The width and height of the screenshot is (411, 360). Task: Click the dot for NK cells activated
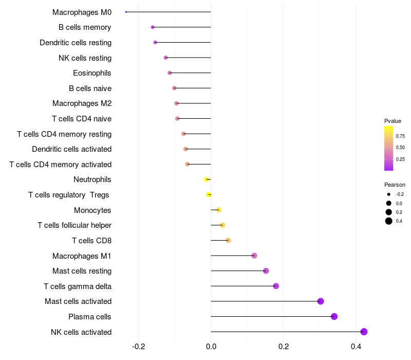(x=364, y=332)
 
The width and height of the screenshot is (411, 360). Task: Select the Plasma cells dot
(x=334, y=316)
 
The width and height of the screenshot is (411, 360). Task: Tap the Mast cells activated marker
(x=321, y=301)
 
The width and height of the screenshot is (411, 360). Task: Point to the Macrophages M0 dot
(x=126, y=12)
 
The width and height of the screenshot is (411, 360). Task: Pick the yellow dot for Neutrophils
(x=207, y=179)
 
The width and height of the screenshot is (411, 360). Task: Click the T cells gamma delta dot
(x=276, y=286)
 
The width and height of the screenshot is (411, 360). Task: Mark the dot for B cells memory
(x=153, y=27)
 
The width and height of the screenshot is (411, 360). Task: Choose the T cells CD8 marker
(x=228, y=240)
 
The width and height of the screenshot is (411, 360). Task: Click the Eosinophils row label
(x=92, y=73)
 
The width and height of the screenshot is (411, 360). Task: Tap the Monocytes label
(x=92, y=210)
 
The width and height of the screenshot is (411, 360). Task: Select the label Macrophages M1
(x=82, y=256)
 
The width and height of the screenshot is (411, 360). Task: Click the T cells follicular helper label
(x=74, y=225)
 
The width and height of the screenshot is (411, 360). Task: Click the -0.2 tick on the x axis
(x=139, y=347)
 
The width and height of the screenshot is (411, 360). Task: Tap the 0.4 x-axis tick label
(x=356, y=347)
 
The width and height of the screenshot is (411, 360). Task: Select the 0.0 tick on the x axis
(x=211, y=347)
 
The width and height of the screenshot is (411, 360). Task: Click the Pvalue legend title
(x=393, y=121)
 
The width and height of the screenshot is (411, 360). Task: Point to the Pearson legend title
(x=395, y=185)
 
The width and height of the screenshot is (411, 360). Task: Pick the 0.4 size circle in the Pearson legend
(x=389, y=221)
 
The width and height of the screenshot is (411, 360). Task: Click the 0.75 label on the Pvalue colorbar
(x=400, y=136)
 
